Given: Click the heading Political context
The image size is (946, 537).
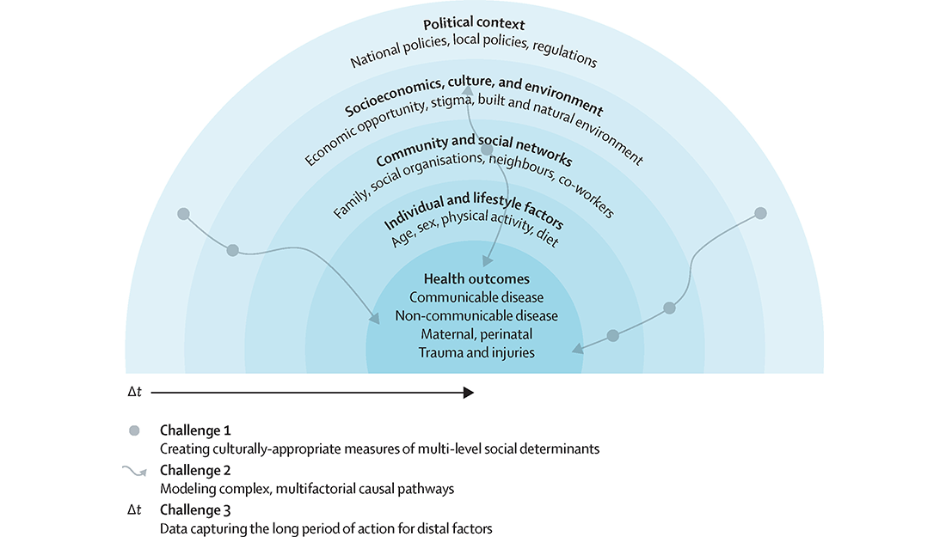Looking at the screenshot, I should pyautogui.click(x=474, y=23).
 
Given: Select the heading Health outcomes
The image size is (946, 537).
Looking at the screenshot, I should pyautogui.click(x=476, y=279).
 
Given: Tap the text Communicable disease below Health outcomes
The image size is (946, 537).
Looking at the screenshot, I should pyautogui.click(x=476, y=297).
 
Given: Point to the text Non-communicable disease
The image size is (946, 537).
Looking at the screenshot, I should pyautogui.click(x=476, y=316).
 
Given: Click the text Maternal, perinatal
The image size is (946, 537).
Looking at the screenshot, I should pyautogui.click(x=476, y=334).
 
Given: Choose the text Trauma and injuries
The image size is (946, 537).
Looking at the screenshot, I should pyautogui.click(x=476, y=352).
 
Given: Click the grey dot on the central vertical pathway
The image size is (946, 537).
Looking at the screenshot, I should pyautogui.click(x=487, y=150).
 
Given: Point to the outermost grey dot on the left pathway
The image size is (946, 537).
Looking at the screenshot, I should pyautogui.click(x=182, y=213).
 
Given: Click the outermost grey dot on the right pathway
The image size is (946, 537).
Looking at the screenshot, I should pyautogui.click(x=760, y=213).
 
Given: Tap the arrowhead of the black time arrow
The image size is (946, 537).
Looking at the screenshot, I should pyautogui.click(x=469, y=393).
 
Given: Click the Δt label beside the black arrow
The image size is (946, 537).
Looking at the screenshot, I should pyautogui.click(x=134, y=393).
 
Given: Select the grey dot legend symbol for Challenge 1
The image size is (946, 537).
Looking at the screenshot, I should pyautogui.click(x=134, y=430).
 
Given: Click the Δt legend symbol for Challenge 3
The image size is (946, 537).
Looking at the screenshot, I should pyautogui.click(x=134, y=511).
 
